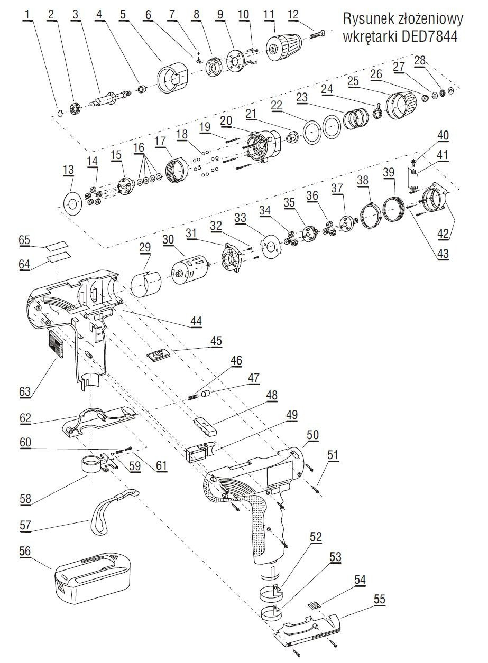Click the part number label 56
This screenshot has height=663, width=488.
click(24, 550)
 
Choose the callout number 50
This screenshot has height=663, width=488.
click(312, 435)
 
